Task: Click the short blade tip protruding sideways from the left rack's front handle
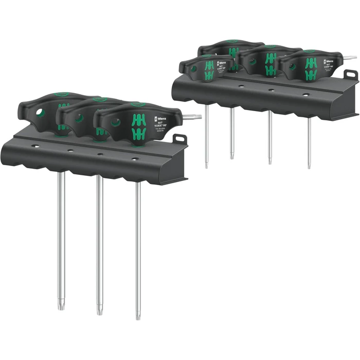coord(197,117)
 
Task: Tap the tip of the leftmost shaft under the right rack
coord(206,166)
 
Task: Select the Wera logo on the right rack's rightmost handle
coord(329,61)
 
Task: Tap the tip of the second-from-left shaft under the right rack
coord(232,156)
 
